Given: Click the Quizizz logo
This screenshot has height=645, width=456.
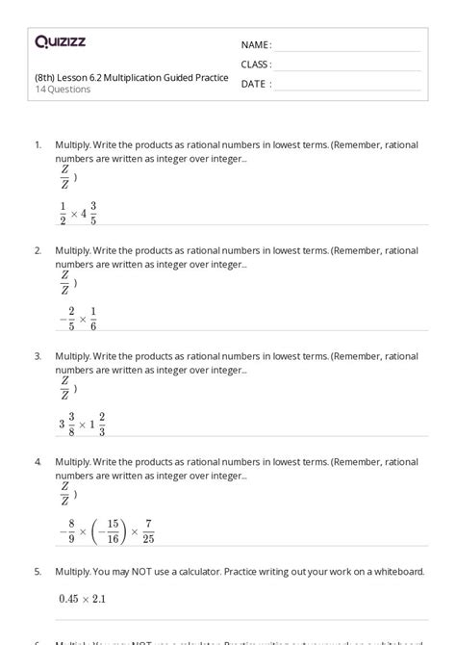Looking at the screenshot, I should click(60, 41).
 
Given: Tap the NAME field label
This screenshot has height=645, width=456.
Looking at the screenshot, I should click(255, 44).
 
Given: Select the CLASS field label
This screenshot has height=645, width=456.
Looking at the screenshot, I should click(256, 64).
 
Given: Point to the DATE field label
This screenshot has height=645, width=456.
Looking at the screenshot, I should click(254, 84).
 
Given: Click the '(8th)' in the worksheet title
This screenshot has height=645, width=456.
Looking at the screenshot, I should click(44, 78).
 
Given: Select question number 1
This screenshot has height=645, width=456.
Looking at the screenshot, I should click(38, 144).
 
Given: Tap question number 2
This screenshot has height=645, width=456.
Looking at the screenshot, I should click(38, 250).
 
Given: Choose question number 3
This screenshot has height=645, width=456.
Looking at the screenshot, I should click(38, 356).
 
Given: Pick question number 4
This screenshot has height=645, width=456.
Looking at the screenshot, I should click(38, 462).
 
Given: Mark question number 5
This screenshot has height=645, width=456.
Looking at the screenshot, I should click(38, 571).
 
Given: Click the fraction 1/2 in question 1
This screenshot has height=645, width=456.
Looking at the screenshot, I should click(63, 213).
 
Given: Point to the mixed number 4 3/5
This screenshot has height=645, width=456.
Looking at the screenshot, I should click(89, 213).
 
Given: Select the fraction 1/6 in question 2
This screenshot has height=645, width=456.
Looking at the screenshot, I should click(93, 319).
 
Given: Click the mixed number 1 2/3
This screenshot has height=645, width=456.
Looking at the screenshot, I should click(96, 425).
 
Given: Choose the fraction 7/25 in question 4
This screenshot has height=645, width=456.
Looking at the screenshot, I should click(147, 530).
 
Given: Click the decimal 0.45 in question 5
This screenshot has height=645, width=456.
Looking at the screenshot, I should click(68, 599).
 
